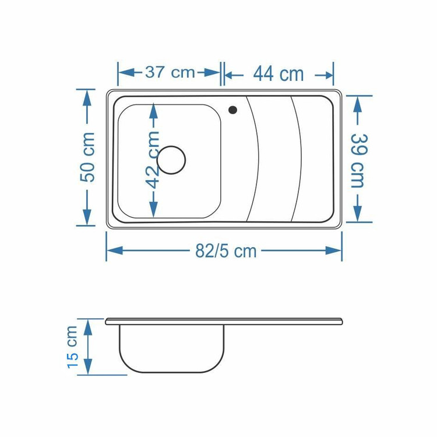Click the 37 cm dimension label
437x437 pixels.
coord(170,72)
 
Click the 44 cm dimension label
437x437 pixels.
coord(279,74)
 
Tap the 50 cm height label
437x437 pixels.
coord(87,157)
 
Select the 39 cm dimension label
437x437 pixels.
coord(358,161)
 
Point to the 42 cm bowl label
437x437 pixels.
coord(153,160)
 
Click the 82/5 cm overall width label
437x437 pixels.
coord(225,251)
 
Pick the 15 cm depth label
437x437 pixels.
coord(72,347)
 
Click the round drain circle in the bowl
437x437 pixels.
coord(171,160)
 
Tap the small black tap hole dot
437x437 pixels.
coord(232,110)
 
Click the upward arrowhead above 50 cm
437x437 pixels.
coord(87,98)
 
